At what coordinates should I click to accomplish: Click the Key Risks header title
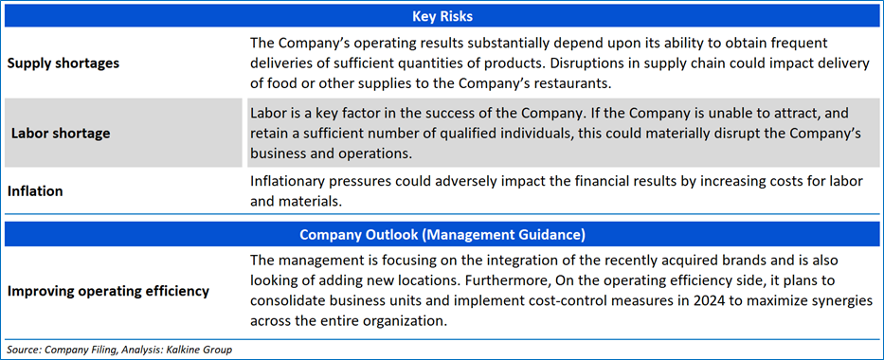point(442,17)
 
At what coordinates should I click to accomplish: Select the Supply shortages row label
point(63,63)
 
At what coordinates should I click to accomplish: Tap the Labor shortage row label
point(61,134)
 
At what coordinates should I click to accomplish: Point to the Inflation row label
point(35,191)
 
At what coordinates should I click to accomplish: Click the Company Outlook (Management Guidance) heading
point(442,234)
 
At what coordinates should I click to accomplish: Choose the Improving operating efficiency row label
point(108,291)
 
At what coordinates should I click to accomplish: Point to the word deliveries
point(280,63)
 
